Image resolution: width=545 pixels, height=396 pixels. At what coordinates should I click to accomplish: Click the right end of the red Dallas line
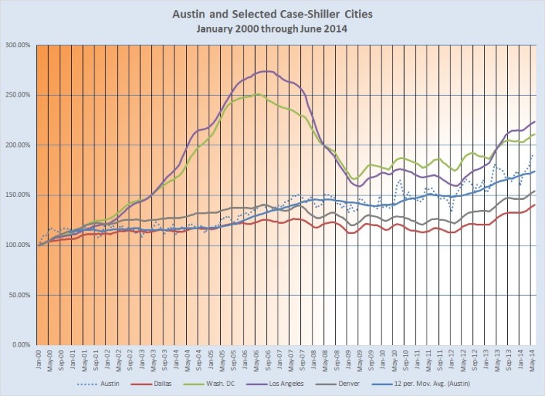pyautogui.click(x=535, y=205)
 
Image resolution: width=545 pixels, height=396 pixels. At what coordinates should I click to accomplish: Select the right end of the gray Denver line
pyautogui.click(x=535, y=191)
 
